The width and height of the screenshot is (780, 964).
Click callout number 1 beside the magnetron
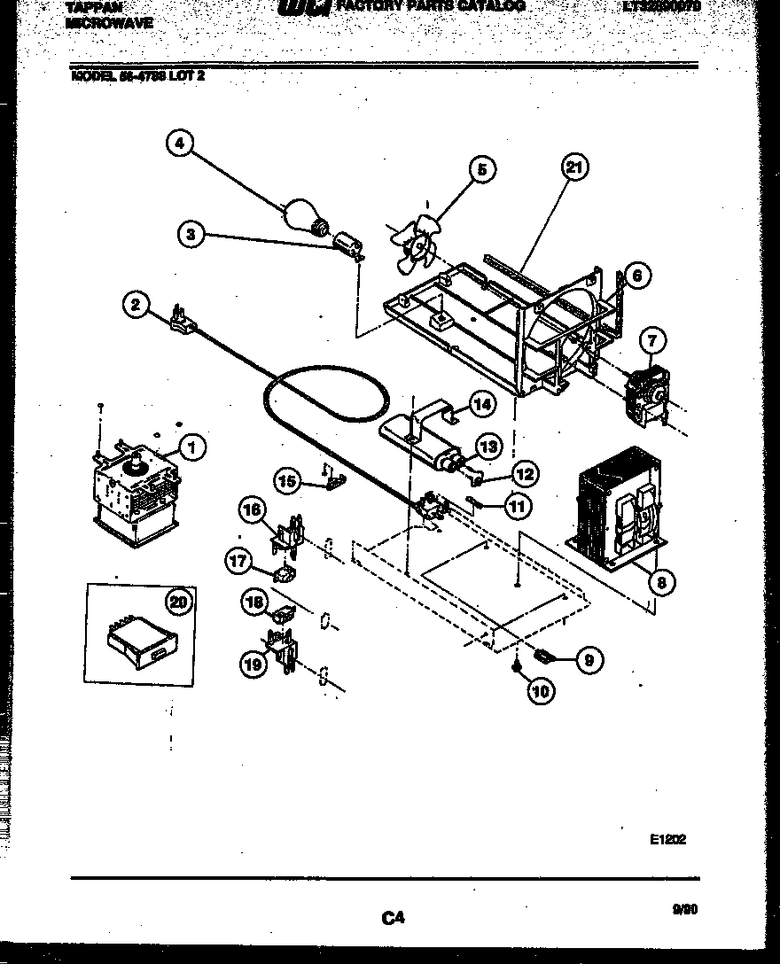[191, 448]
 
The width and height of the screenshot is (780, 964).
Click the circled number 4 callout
[180, 144]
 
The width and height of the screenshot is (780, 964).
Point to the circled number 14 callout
[481, 404]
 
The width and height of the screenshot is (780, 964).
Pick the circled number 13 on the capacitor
[488, 446]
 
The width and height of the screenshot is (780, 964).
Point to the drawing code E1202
[667, 839]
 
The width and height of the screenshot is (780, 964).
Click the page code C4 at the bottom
[393, 919]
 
